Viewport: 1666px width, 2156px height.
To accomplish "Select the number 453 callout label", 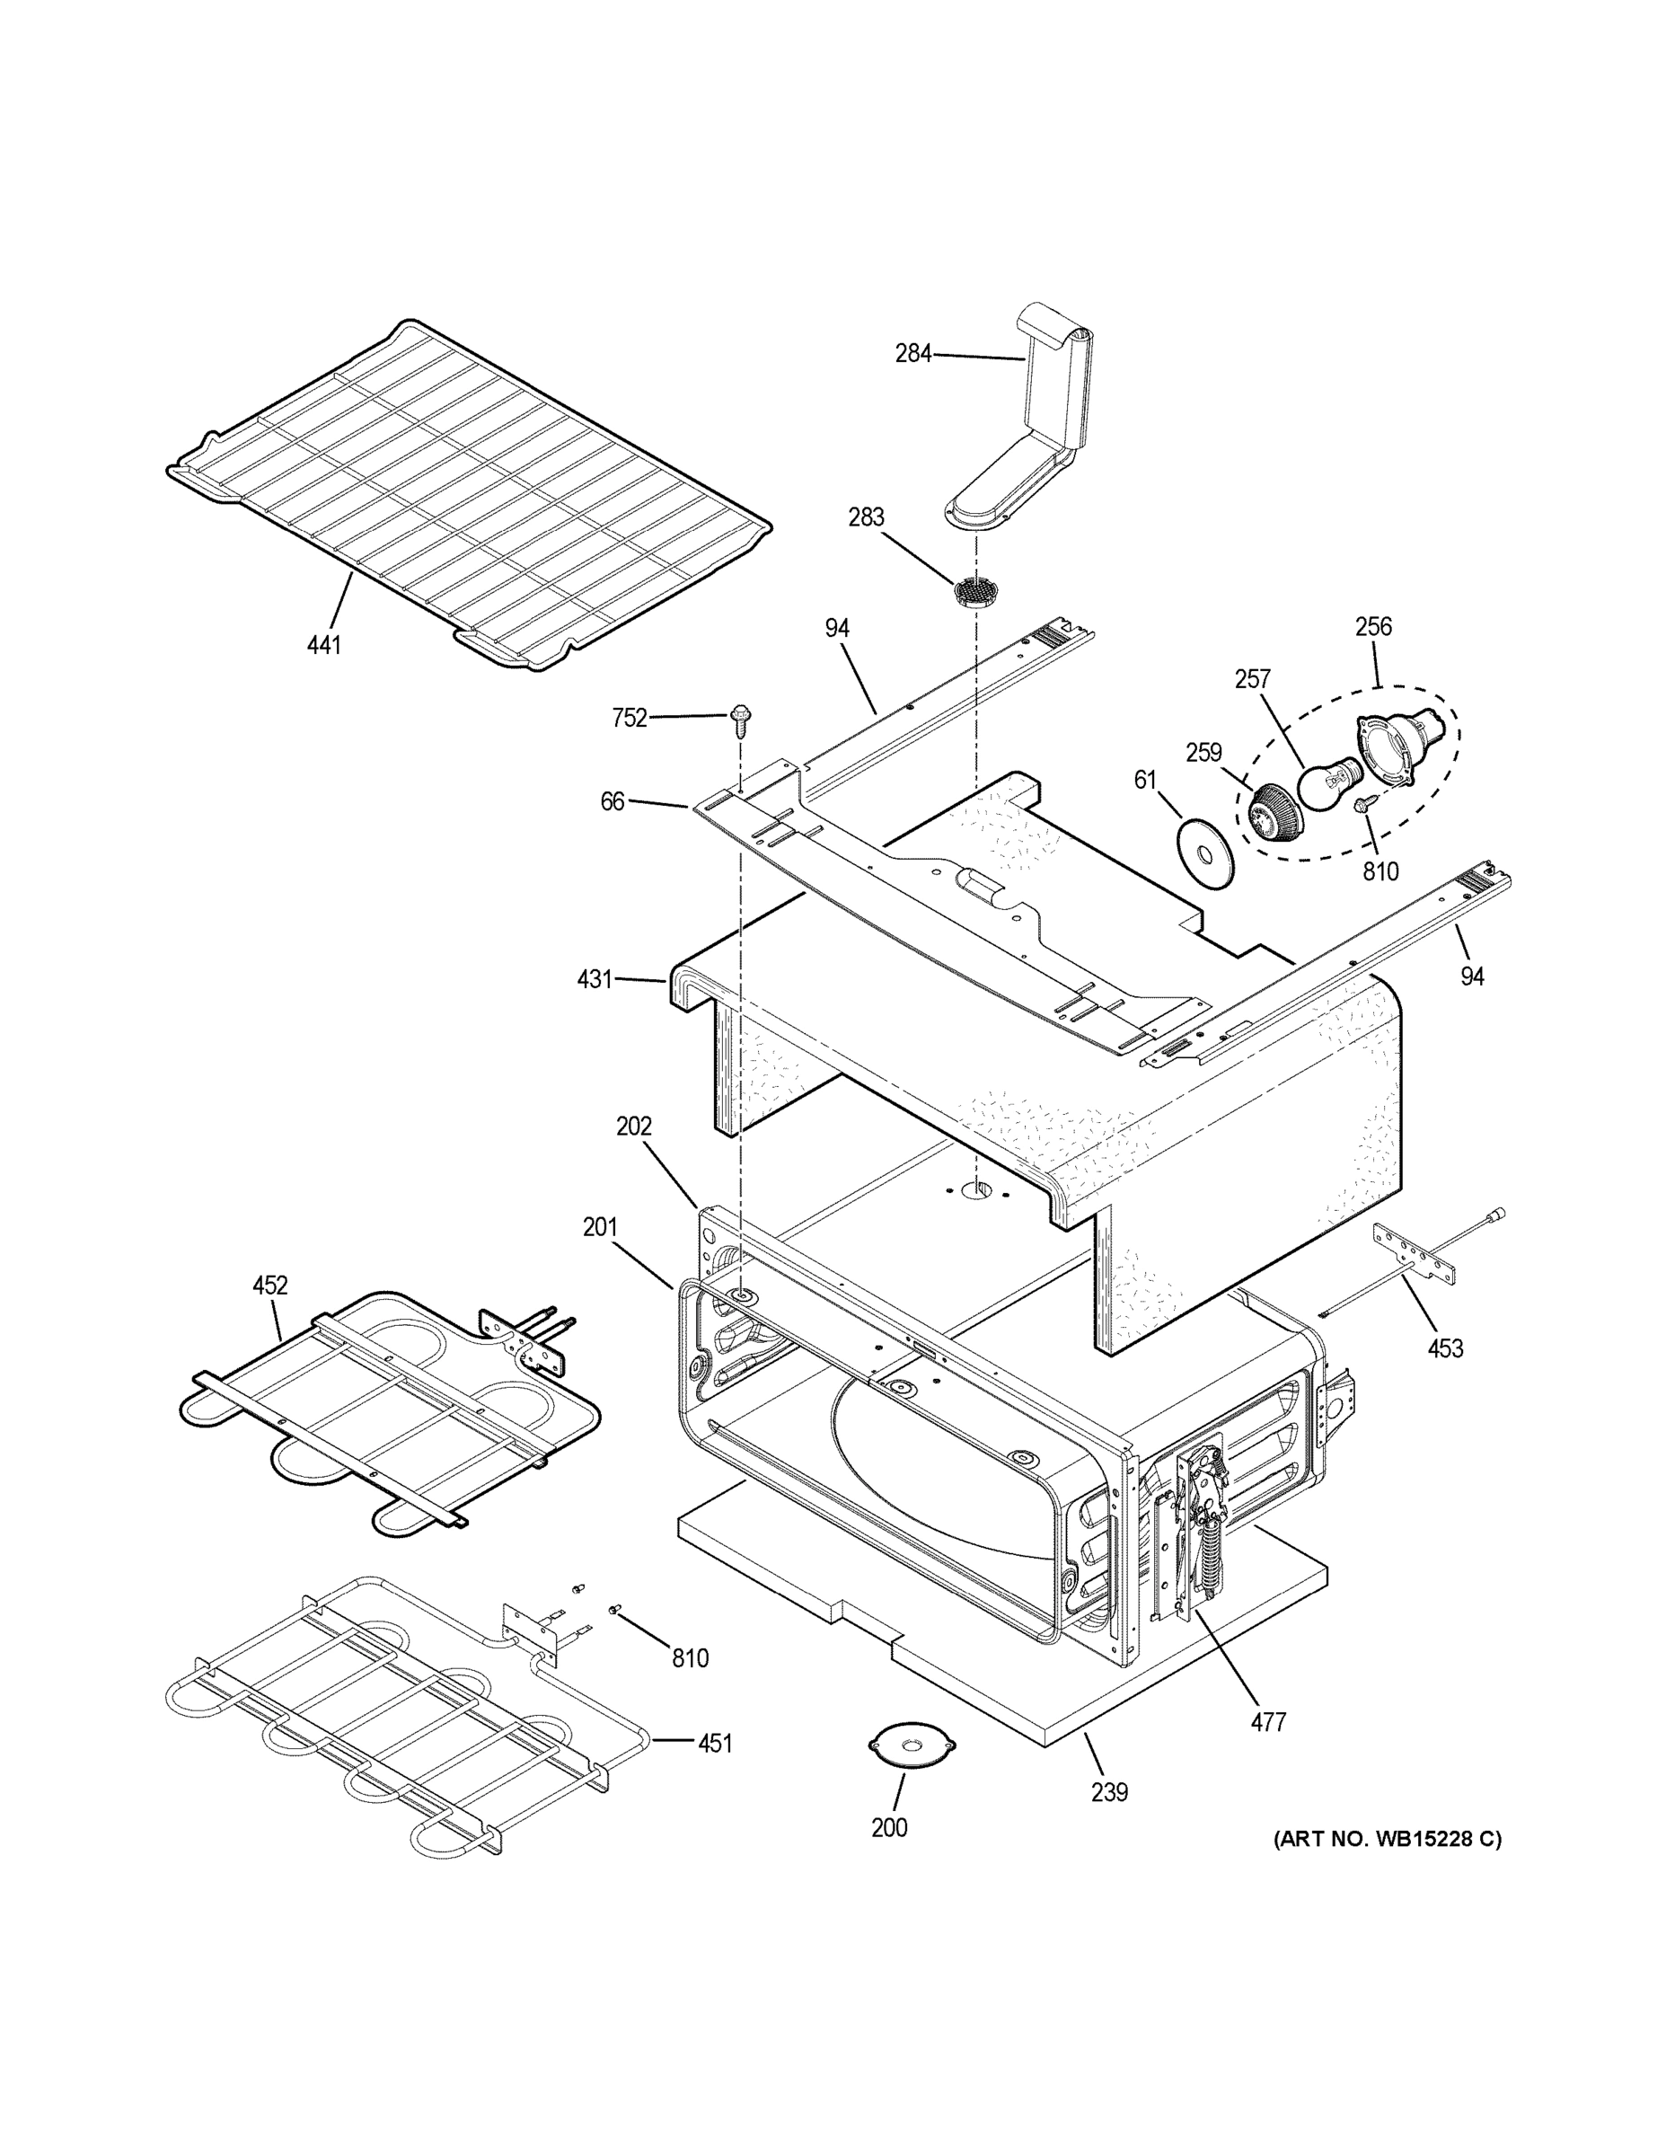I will [1445, 1347].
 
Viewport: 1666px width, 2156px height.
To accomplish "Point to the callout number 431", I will [595, 979].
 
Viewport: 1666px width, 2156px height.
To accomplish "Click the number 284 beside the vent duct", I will [913, 352].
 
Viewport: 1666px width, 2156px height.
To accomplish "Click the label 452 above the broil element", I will [269, 1286].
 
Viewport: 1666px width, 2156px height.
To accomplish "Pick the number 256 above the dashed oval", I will [1373, 626].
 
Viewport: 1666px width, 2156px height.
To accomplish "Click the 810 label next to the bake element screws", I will [690, 1658].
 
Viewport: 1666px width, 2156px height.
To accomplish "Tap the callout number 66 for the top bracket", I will [612, 801].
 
